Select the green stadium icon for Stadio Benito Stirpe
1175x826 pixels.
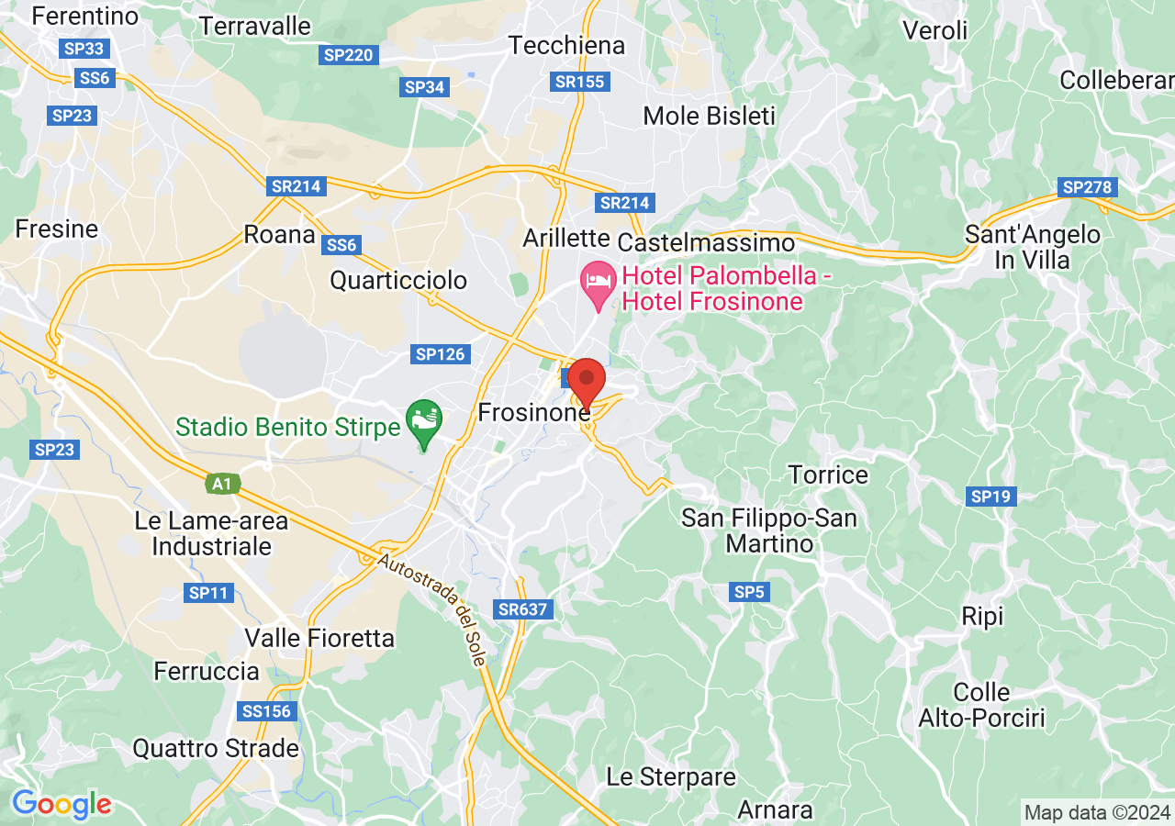point(424,421)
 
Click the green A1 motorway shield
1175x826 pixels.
point(221,483)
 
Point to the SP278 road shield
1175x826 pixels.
point(1087,187)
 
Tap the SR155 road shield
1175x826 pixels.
point(580,82)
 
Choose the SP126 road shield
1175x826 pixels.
point(442,354)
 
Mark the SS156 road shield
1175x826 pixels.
point(266,711)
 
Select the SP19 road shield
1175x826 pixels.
point(990,497)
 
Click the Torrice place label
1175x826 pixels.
point(828,474)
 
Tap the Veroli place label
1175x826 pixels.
point(935,30)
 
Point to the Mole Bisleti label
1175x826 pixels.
point(709,117)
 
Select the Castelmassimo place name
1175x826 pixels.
point(706,243)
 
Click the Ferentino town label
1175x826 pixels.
point(84,16)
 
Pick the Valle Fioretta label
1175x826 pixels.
point(319,638)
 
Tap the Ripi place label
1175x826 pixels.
point(982,616)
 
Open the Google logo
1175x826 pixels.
point(62,805)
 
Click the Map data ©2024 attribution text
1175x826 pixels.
point(1097,812)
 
